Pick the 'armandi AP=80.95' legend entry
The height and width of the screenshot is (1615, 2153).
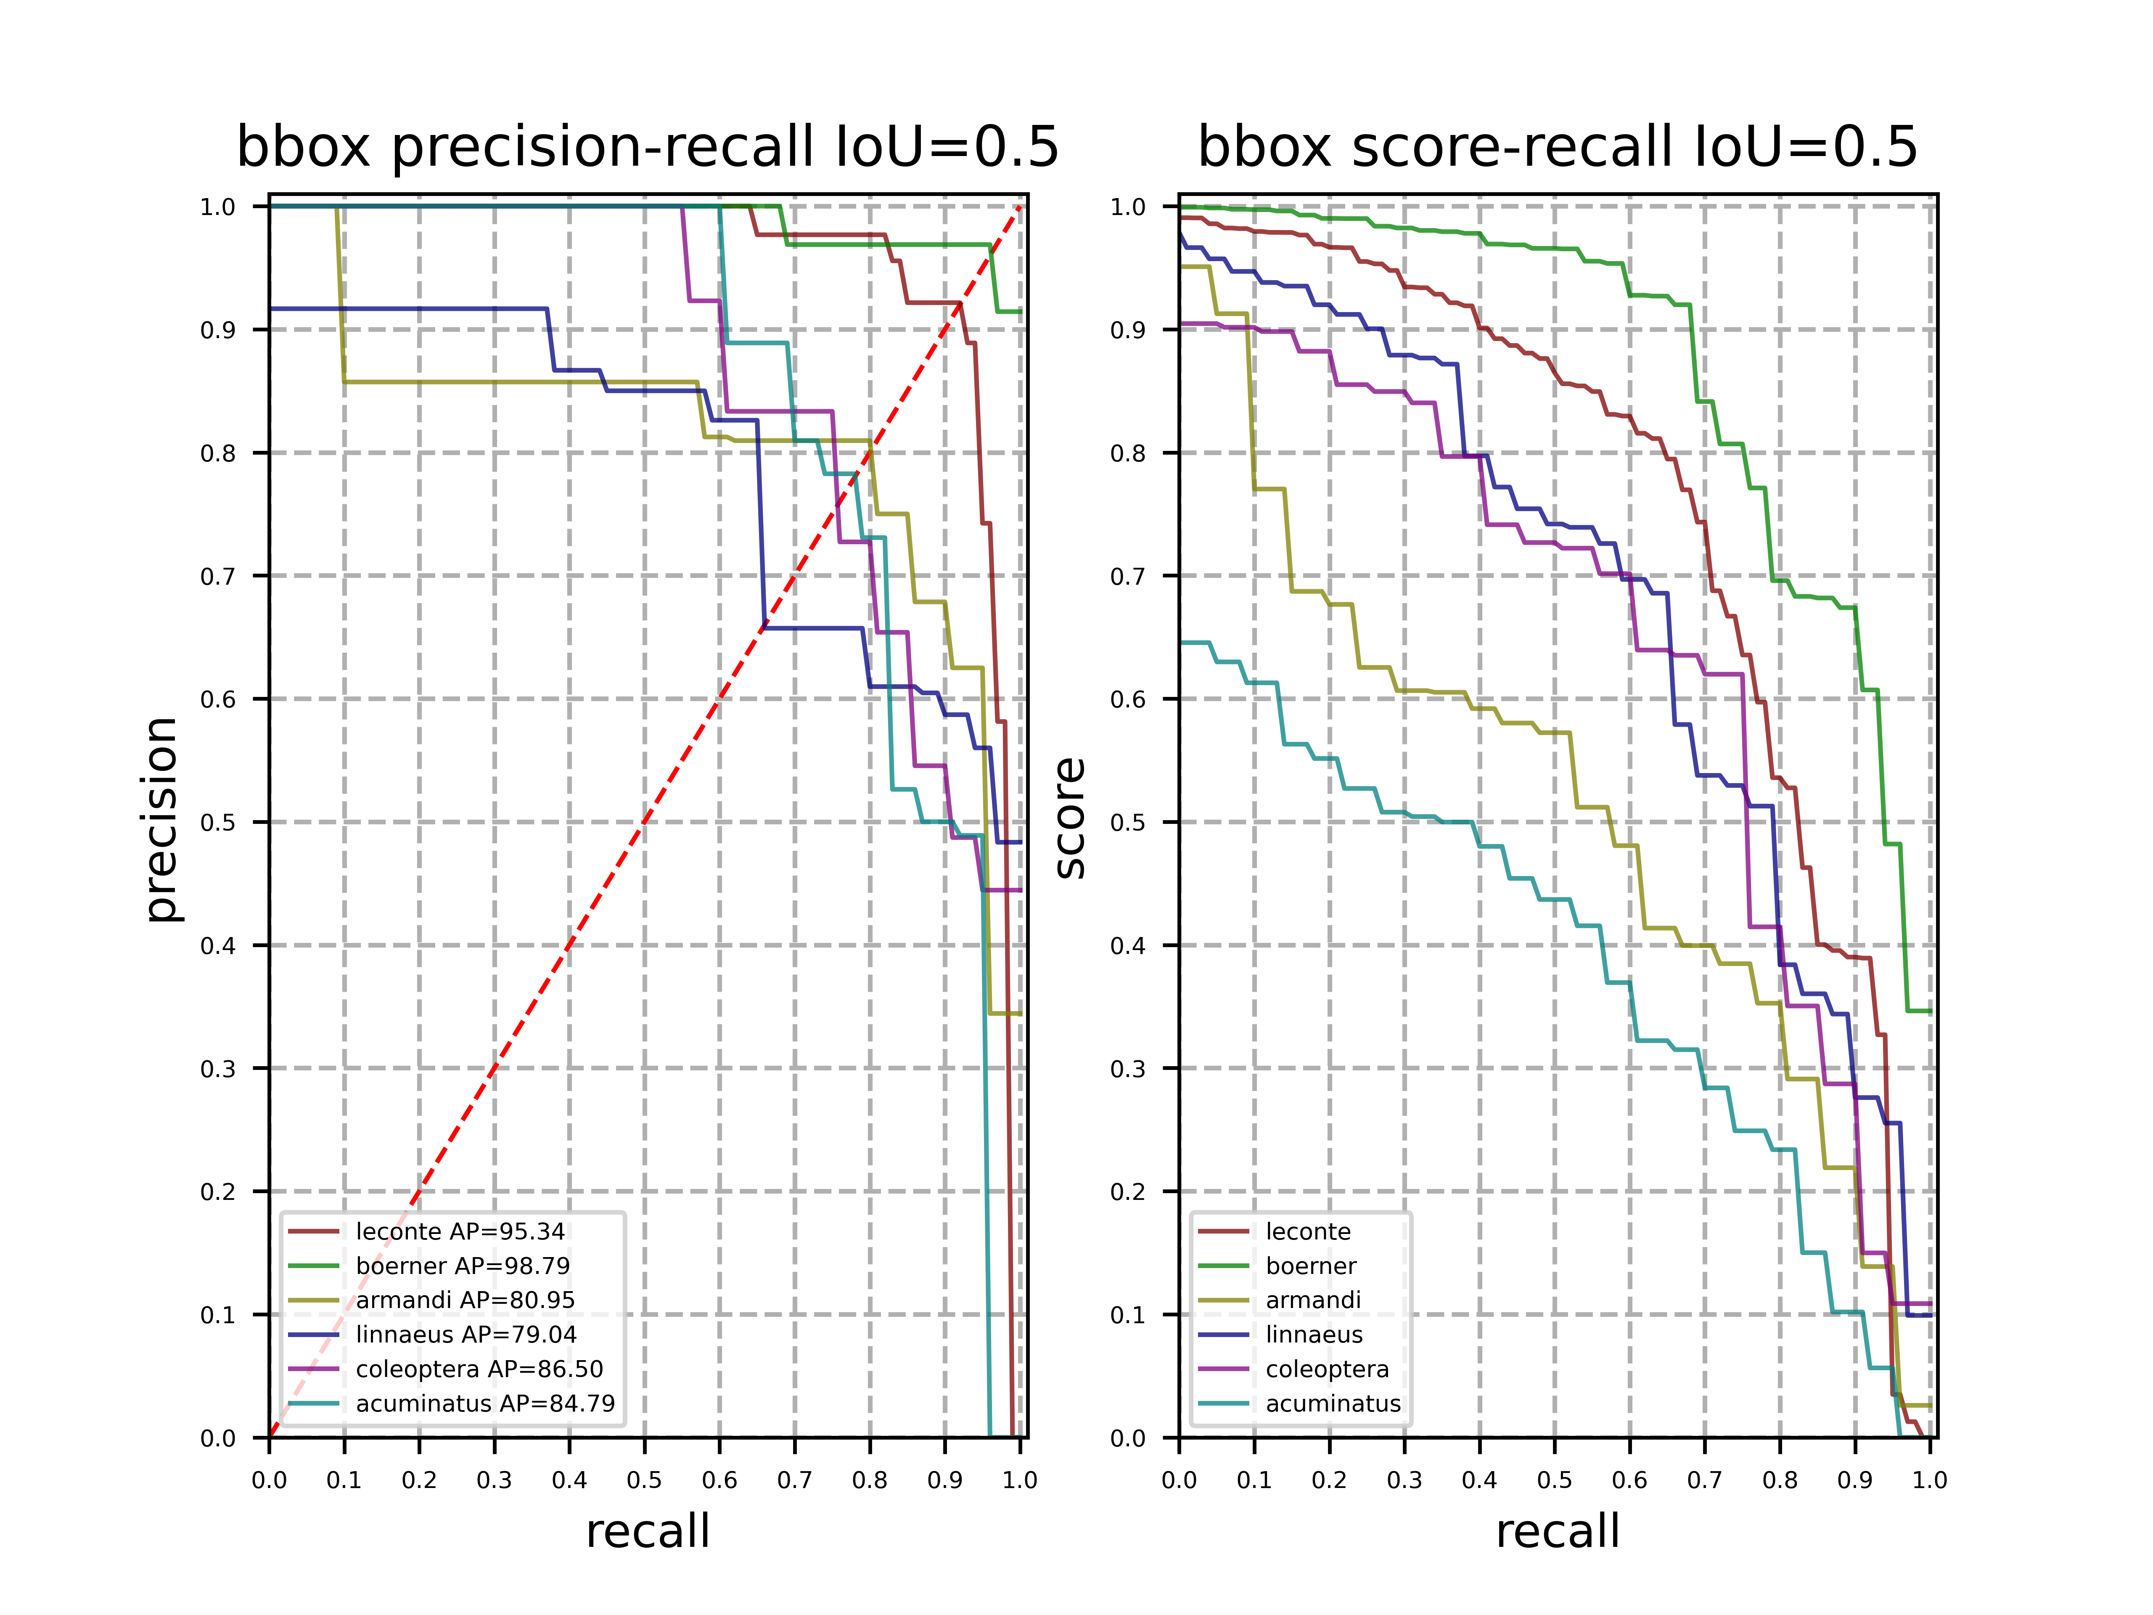click(x=465, y=1300)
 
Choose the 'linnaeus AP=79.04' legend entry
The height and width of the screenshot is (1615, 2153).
click(x=465, y=1334)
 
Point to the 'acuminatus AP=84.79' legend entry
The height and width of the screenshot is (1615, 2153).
click(x=485, y=1404)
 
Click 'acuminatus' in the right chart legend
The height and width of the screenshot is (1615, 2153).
click(x=1333, y=1404)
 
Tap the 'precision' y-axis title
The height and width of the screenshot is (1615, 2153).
click(x=161, y=820)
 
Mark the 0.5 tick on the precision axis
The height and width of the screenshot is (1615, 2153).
click(x=218, y=823)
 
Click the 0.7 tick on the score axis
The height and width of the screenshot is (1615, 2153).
click(x=1128, y=576)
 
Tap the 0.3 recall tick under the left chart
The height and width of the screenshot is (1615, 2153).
click(x=495, y=1481)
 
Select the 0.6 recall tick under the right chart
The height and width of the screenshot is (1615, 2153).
click(x=1629, y=1481)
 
